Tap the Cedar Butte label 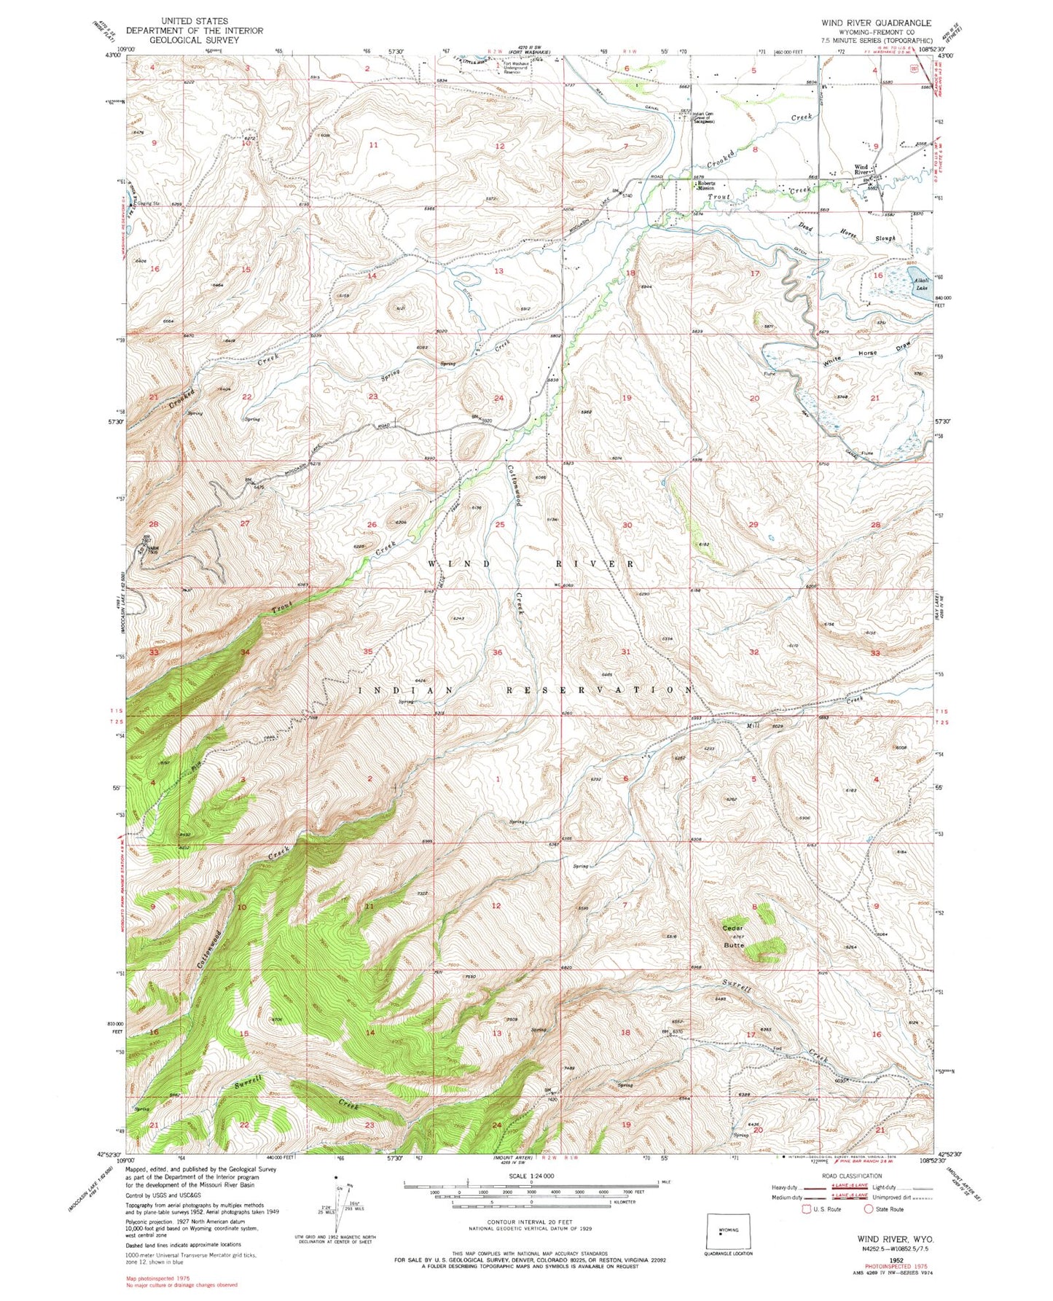pyautogui.click(x=732, y=936)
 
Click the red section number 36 pyautogui.click(x=498, y=652)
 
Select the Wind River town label pyautogui.click(x=861, y=171)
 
